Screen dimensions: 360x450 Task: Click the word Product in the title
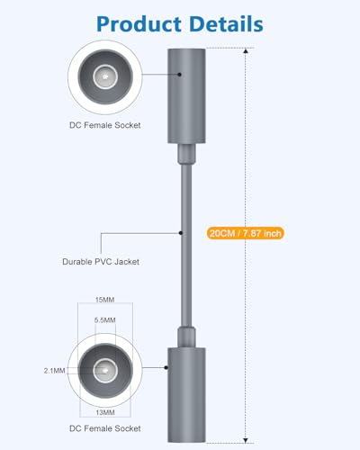click(139, 24)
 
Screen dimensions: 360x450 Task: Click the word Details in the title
click(226, 23)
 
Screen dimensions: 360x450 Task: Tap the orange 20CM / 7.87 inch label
click(245, 233)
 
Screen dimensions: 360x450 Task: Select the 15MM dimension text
click(104, 300)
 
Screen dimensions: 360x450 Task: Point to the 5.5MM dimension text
click(104, 320)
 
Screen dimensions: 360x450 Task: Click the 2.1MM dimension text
click(54, 371)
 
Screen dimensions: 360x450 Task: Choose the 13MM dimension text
click(105, 412)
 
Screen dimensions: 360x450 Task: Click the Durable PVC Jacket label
click(101, 262)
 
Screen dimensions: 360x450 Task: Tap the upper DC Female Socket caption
click(105, 125)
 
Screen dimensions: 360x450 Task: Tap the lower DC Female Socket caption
click(105, 428)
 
